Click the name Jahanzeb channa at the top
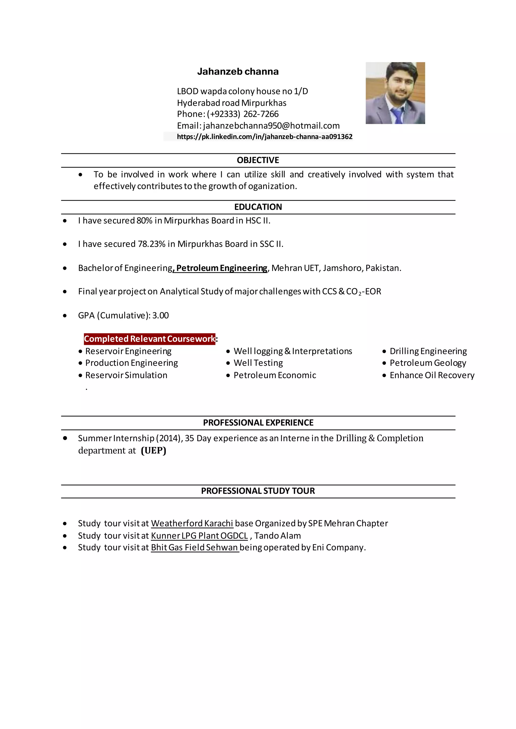pos(238,71)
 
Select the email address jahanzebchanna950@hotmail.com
pos(271,126)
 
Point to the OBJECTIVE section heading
pos(258,160)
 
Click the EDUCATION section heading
pos(258,207)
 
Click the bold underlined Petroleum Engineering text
pos(221,268)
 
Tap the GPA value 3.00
pos(160,315)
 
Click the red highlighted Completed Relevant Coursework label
pos(149,339)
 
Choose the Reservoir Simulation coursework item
pos(126,375)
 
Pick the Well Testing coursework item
pos(258,363)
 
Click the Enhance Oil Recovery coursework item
pos(432,375)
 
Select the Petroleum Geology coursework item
pos(428,363)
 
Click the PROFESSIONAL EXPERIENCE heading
pos(258,423)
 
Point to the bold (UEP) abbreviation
pos(153,451)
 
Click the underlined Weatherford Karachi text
pos(192,523)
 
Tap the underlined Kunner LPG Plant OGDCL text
pos(199,536)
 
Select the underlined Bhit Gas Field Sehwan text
pos(195,548)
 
